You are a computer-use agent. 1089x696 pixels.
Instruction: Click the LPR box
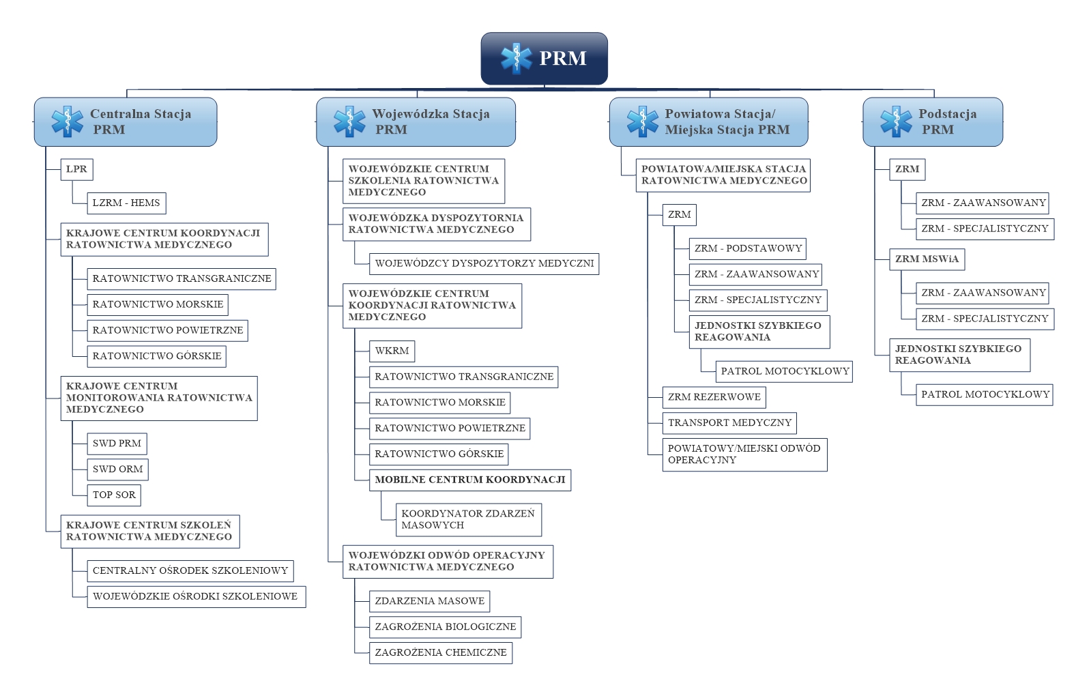coord(77,169)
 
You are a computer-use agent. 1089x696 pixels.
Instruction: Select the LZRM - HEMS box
coord(126,203)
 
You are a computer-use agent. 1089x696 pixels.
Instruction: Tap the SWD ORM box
coord(117,469)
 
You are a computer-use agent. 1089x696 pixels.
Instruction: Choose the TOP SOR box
coord(114,495)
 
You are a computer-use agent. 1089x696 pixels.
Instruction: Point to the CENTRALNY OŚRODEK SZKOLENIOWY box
coord(190,570)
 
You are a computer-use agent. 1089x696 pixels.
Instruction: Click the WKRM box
coord(392,351)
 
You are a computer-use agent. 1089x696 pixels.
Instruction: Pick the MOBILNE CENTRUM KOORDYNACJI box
coord(470,480)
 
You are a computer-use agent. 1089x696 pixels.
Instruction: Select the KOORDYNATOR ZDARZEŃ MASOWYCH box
coord(469,520)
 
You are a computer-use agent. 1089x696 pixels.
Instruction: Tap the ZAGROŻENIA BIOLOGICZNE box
coord(446,627)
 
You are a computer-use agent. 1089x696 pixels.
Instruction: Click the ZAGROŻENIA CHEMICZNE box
coord(441,653)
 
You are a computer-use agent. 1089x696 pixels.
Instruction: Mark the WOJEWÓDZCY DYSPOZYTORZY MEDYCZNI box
coord(484,264)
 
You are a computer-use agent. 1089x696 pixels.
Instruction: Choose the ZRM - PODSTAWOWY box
coord(748,249)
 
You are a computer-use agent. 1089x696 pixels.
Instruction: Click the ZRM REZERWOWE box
coord(714,397)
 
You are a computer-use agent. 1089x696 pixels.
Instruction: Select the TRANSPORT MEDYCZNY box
coord(729,423)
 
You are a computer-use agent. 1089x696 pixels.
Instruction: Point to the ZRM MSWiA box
coord(927,259)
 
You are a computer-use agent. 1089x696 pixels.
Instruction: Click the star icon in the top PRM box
coord(517,58)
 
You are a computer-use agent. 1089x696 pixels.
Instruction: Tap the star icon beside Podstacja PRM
coord(896,121)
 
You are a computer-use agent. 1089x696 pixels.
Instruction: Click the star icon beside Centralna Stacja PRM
coord(68,121)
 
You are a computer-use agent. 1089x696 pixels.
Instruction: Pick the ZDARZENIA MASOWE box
coord(429,601)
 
